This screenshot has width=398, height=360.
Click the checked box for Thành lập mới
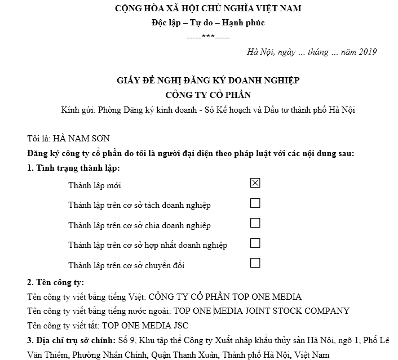255,183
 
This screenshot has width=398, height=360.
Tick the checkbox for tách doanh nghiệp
255,203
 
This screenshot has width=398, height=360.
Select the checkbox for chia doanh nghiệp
255,223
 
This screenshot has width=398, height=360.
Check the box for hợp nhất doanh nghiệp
255,243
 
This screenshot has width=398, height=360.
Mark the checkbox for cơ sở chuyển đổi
255,263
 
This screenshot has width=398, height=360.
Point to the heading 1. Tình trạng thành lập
73,168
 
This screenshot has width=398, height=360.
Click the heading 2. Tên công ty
55,282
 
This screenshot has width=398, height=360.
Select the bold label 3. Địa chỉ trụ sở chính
71,341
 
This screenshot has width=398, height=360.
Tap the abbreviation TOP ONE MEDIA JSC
140,326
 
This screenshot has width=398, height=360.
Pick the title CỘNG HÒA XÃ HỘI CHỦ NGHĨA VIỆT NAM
208,8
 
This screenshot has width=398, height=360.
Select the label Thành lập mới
95,185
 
